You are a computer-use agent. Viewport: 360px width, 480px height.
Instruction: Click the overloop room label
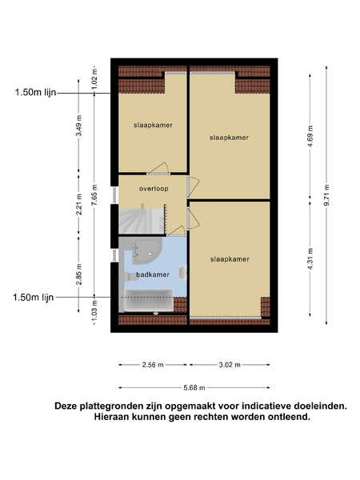point(154,189)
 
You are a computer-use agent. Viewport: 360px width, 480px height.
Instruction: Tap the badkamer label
point(153,274)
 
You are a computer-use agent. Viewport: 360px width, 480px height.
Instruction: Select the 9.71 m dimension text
point(326,195)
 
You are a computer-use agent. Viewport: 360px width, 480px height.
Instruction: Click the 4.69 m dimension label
point(310,136)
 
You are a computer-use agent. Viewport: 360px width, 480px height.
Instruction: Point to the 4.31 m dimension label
point(310,259)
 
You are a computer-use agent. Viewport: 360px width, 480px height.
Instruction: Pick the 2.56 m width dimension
point(153,365)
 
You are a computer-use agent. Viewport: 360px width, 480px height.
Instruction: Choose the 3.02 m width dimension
point(230,365)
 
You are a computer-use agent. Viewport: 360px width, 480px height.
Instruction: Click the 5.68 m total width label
point(194,388)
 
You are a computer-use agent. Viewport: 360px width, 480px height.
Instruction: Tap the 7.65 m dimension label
point(94,195)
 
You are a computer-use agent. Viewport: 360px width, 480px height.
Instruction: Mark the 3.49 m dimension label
point(79,126)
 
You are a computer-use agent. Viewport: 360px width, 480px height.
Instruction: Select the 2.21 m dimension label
point(79,205)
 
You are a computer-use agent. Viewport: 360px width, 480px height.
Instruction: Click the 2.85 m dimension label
point(79,274)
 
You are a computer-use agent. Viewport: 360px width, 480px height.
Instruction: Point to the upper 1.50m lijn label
point(35,92)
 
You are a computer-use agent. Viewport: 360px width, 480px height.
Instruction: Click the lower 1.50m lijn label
point(33,298)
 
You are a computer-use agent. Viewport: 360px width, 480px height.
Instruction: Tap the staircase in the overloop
point(142,219)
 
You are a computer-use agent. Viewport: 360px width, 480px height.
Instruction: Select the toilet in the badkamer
point(182,273)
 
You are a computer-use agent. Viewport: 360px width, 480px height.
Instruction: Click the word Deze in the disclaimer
point(66,406)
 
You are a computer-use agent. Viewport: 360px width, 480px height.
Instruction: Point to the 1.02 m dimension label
point(94,78)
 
